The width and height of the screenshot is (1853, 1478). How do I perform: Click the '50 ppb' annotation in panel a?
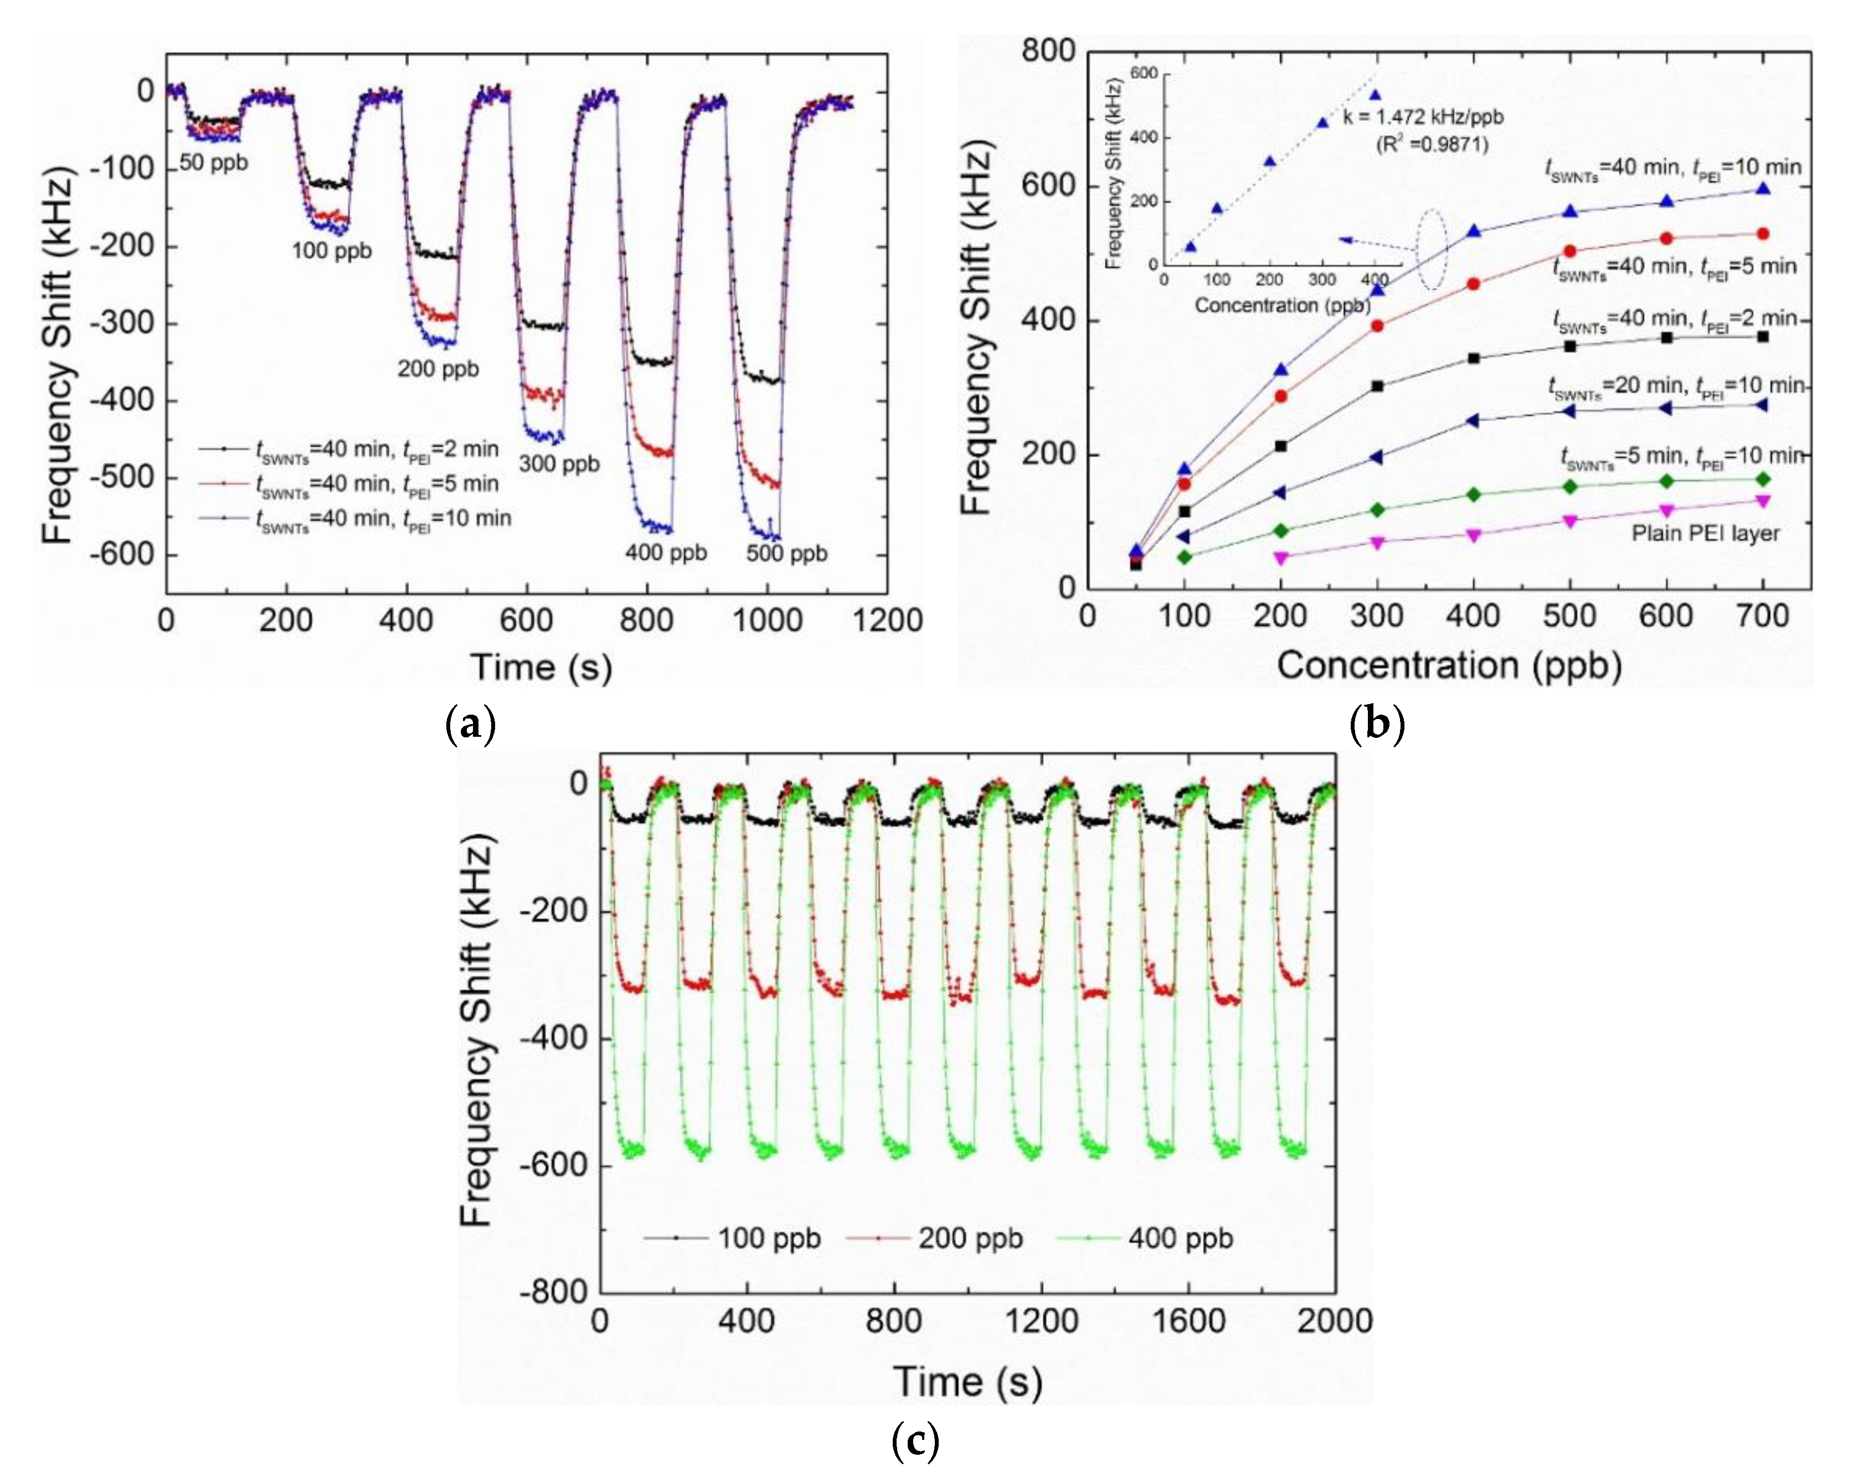point(214,162)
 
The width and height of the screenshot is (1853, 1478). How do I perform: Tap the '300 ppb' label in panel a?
point(559,464)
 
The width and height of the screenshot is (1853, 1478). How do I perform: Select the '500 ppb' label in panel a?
point(786,554)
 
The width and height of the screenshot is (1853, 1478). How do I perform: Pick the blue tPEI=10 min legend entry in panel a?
point(354,518)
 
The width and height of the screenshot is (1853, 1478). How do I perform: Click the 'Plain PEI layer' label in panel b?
point(1705,534)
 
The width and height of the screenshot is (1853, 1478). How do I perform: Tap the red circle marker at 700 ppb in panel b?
point(1763,234)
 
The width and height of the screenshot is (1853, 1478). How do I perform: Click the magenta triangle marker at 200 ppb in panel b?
point(1280,557)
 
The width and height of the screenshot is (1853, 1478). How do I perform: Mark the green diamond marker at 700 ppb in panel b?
point(1763,479)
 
